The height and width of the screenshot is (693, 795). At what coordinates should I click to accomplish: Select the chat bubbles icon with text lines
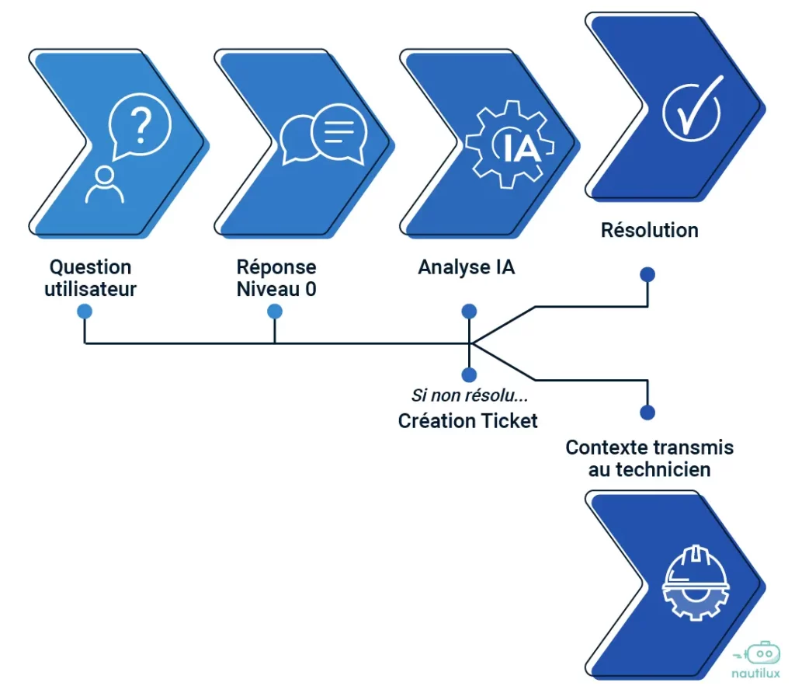[x=323, y=138]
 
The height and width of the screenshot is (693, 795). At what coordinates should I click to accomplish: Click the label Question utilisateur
[x=91, y=278]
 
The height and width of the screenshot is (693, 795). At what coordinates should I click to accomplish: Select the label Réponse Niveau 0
[x=276, y=278]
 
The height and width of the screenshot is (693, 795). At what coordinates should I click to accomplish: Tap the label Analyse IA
[x=467, y=267]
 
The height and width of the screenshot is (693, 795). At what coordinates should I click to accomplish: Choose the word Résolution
[x=650, y=230]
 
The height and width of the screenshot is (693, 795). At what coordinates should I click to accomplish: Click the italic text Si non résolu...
[x=470, y=396]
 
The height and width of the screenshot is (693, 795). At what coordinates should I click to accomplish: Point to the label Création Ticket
[x=468, y=420]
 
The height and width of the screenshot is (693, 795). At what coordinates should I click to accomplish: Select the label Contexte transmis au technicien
[x=649, y=458]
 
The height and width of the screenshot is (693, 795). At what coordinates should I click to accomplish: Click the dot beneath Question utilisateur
[x=85, y=312]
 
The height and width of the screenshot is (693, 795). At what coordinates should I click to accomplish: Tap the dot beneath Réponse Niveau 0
[x=275, y=312]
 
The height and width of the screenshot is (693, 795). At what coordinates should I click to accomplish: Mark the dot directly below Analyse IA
[x=469, y=312]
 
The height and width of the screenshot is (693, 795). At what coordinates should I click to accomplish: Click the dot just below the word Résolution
[x=647, y=274]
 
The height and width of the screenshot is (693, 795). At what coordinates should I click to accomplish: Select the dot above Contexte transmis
[x=647, y=413]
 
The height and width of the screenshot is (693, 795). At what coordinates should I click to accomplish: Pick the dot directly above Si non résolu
[x=469, y=374]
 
